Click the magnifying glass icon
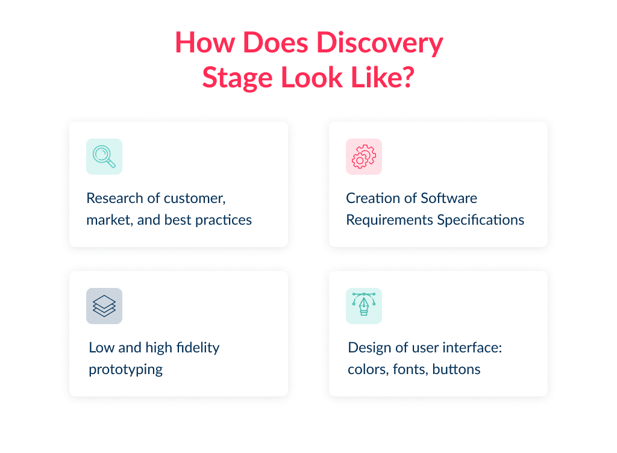tap(104, 157)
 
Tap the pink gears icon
tap(363, 157)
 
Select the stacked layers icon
tap(104, 306)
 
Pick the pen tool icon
tap(363, 306)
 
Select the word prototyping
tap(126, 369)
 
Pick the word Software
tap(449, 198)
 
